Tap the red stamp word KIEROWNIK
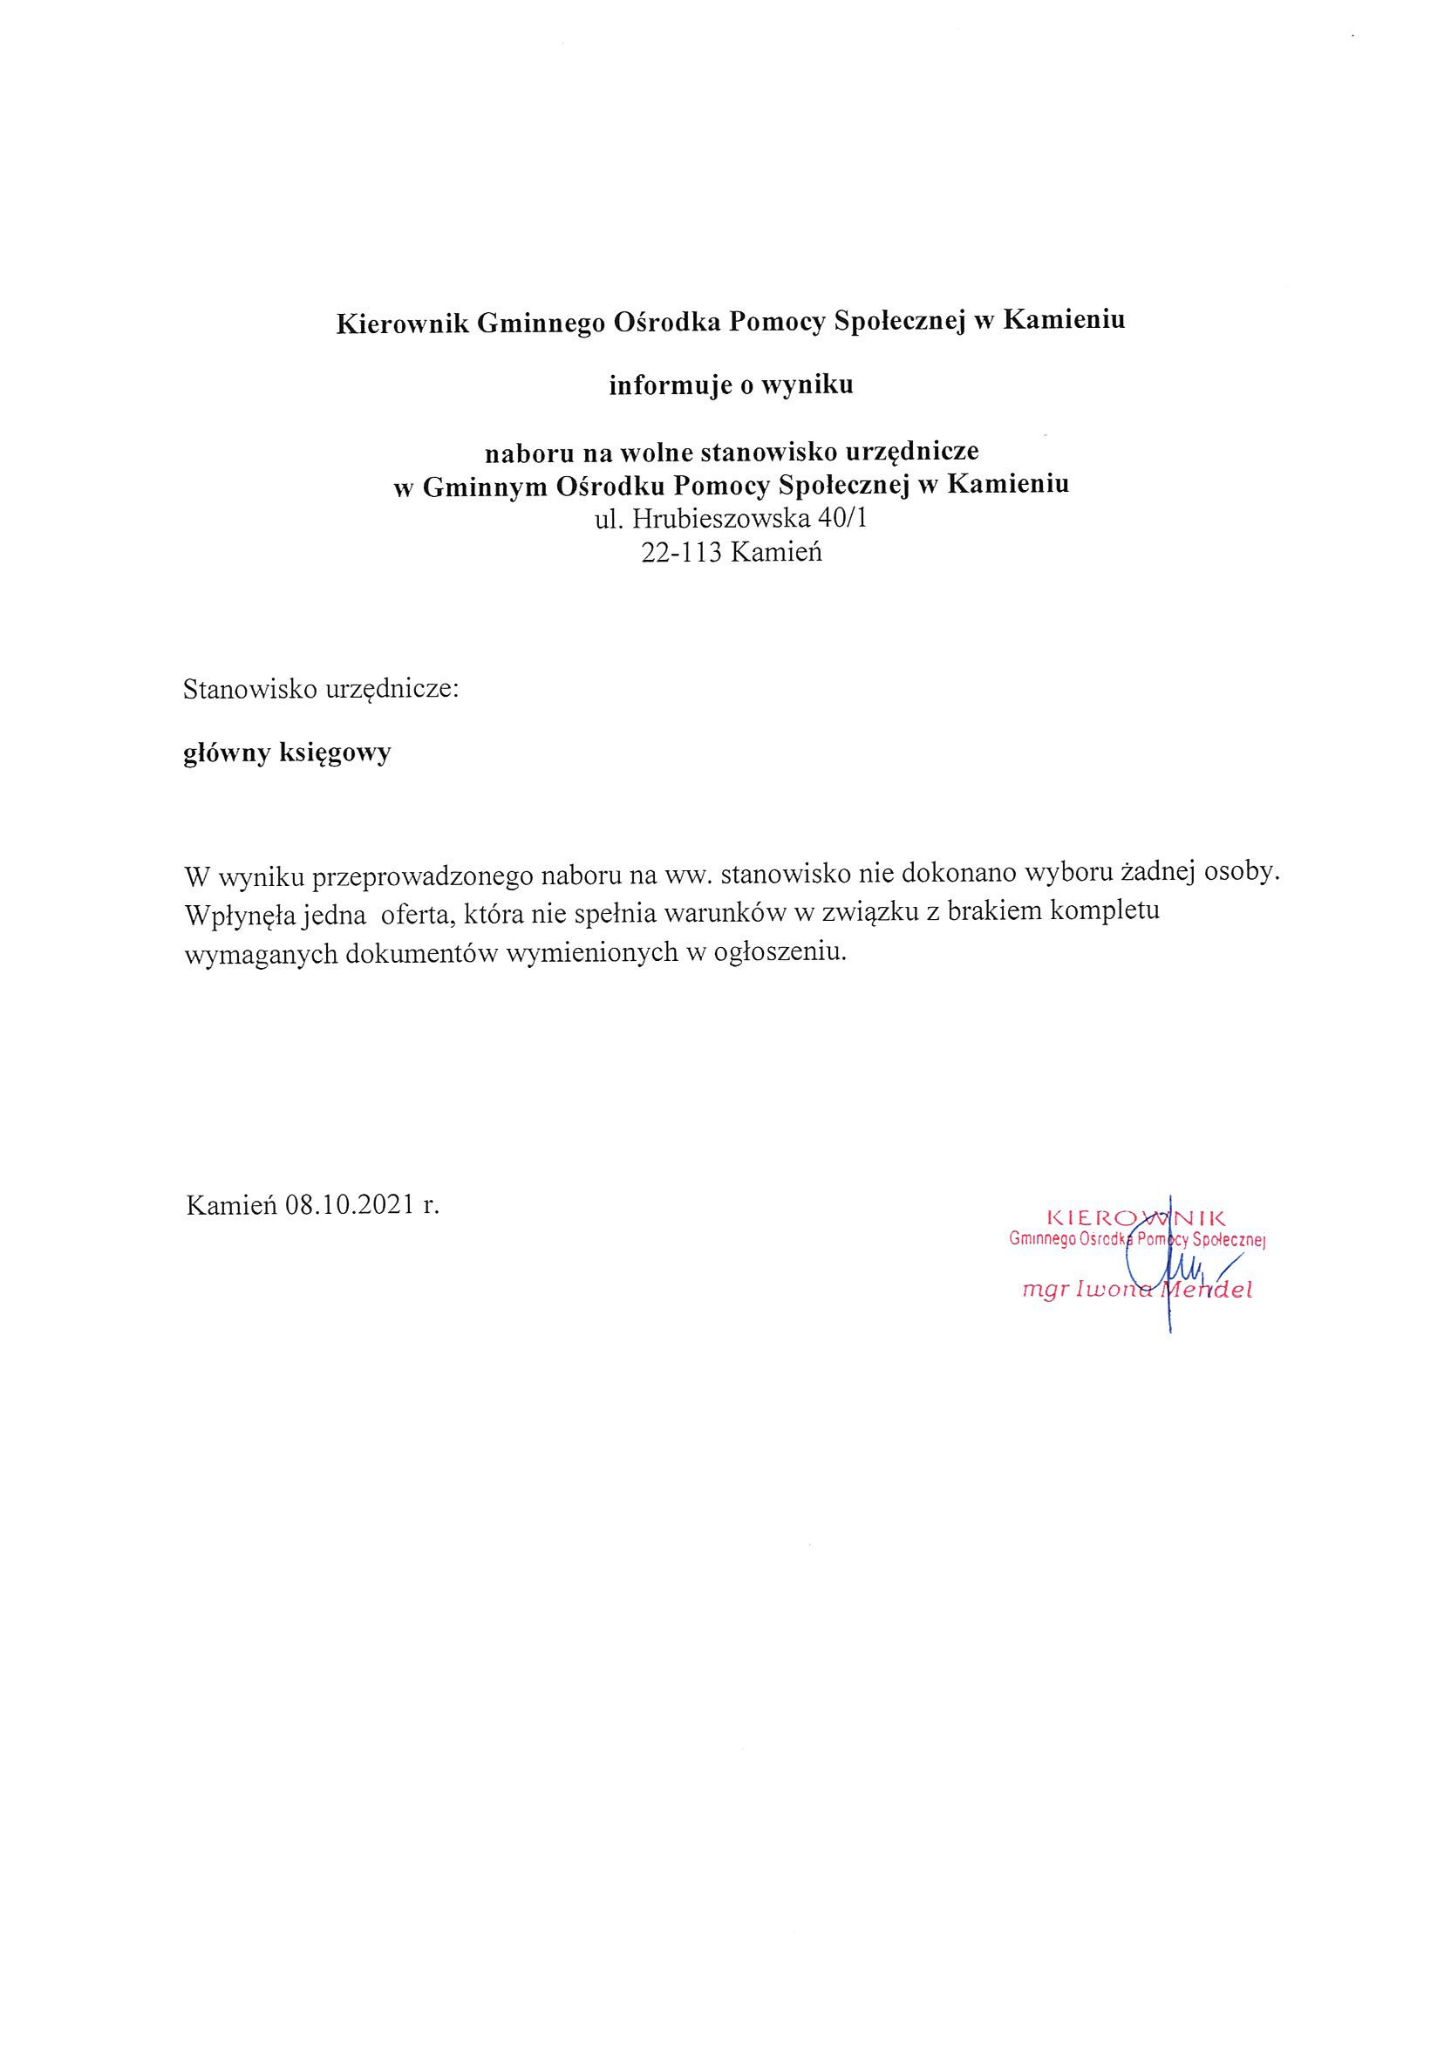(1135, 1216)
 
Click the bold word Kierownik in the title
(402, 323)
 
